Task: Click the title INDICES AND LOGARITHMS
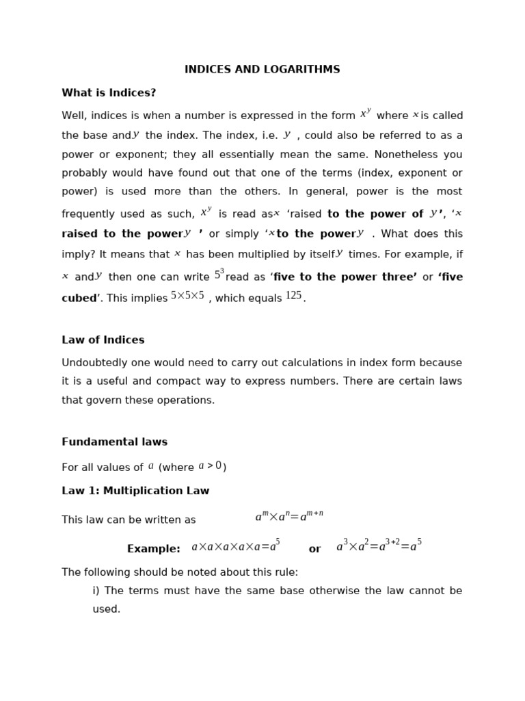(x=262, y=70)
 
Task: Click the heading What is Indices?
(x=109, y=93)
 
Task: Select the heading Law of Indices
(x=103, y=340)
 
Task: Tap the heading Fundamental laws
(x=114, y=442)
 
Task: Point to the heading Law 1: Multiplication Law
(x=135, y=491)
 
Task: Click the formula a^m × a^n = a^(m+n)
(x=289, y=516)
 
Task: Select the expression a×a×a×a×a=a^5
(x=235, y=546)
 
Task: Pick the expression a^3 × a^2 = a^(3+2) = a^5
(x=379, y=546)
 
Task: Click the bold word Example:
(x=153, y=549)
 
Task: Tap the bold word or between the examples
(x=314, y=549)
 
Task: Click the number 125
(x=293, y=296)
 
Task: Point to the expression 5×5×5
(x=187, y=296)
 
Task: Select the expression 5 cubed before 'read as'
(x=219, y=275)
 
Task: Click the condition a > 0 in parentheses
(x=210, y=466)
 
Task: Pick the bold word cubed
(x=79, y=298)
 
